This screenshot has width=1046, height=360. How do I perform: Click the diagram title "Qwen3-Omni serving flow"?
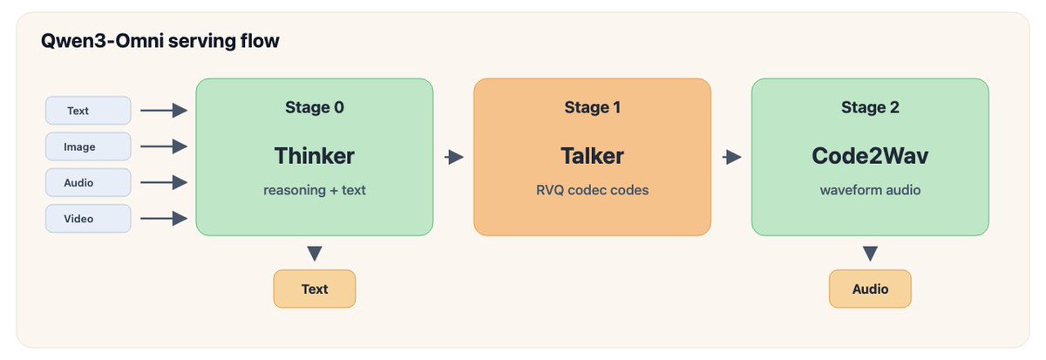click(x=160, y=41)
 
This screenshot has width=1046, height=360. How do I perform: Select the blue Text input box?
click(x=88, y=111)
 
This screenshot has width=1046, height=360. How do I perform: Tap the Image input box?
click(x=88, y=146)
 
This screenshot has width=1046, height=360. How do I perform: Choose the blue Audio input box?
click(x=88, y=182)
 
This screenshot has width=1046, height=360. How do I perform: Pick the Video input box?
click(x=88, y=219)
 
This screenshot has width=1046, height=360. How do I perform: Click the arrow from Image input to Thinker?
click(x=164, y=146)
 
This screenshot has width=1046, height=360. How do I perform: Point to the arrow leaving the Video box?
click(x=164, y=219)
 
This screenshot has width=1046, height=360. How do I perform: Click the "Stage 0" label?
click(x=315, y=107)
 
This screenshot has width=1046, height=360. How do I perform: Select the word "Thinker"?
click(x=315, y=156)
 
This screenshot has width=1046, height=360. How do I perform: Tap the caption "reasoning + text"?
click(x=315, y=190)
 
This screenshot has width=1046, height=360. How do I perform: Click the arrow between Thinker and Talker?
click(x=454, y=157)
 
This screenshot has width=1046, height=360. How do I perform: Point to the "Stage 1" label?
click(x=593, y=107)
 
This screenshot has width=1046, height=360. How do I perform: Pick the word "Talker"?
click(x=592, y=156)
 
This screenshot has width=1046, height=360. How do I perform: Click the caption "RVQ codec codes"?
click(x=592, y=190)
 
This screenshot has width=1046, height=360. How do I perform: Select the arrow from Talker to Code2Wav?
click(x=731, y=157)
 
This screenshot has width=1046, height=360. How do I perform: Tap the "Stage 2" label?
click(x=871, y=107)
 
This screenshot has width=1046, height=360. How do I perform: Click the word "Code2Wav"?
click(x=870, y=156)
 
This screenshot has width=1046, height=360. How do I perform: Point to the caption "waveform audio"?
click(x=871, y=190)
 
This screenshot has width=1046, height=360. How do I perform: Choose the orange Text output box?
click(x=315, y=289)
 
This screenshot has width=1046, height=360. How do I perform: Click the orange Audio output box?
click(x=871, y=289)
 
